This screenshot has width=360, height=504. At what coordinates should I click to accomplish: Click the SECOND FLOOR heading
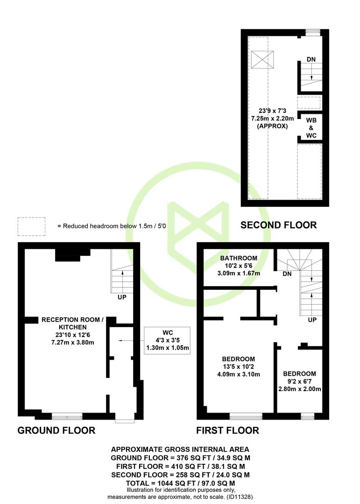(279, 225)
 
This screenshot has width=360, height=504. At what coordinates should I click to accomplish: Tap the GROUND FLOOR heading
(56, 430)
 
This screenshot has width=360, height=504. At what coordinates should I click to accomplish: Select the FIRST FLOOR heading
(228, 430)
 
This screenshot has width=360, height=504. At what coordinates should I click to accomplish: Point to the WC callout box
(167, 341)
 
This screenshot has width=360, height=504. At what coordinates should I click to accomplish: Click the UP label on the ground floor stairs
(122, 297)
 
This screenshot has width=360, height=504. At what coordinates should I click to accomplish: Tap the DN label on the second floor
(311, 59)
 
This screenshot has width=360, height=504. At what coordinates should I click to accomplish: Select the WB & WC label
(311, 128)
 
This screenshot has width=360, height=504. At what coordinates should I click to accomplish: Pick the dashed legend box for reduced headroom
(32, 227)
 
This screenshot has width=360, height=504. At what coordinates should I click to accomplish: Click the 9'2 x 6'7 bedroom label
(299, 381)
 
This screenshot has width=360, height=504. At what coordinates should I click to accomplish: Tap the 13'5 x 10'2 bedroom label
(239, 366)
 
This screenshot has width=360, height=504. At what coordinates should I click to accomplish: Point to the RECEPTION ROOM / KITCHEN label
(73, 331)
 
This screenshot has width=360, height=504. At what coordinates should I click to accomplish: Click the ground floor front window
(67, 417)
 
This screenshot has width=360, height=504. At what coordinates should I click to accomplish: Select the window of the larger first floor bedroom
(246, 417)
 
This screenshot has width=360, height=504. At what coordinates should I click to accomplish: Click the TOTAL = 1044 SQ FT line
(180, 483)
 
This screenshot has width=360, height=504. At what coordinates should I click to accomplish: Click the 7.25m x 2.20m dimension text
(272, 118)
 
